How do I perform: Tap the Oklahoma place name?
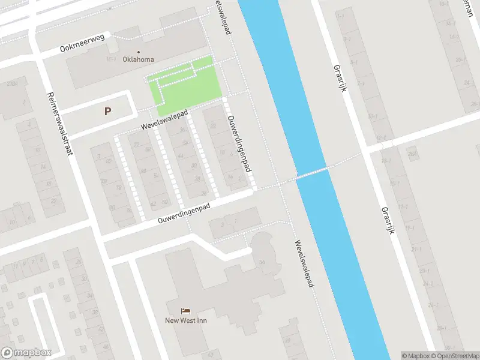click(138, 59)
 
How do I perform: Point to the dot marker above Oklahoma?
click(139, 52)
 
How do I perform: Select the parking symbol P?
click(108, 111)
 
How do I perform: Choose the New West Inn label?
click(186, 320)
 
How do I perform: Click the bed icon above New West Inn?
click(186, 311)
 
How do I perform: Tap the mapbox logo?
click(26, 353)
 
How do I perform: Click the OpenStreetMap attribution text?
click(455, 356)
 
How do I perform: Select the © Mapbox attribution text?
click(416, 356)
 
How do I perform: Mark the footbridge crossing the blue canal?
click(312, 173)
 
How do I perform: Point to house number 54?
click(262, 262)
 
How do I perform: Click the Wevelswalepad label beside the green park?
click(164, 120)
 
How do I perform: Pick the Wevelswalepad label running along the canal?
click(304, 264)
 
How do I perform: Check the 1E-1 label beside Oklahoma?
click(111, 60)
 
